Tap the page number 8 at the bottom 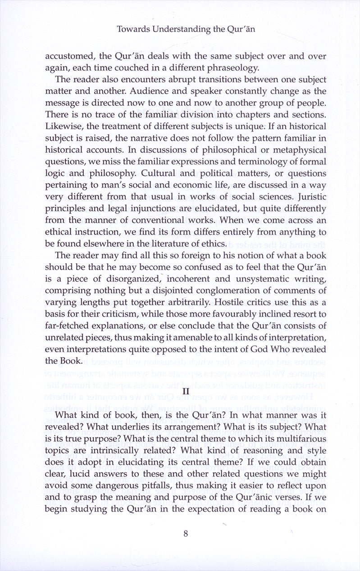(186, 534)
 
